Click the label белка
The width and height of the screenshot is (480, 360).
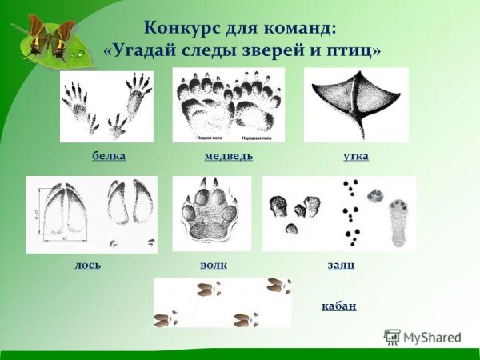click(108, 155)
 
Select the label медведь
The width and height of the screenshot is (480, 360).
click(229, 155)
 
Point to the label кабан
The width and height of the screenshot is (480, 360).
click(338, 306)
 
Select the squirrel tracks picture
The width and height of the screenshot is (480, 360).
click(106, 106)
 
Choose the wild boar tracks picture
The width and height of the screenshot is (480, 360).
click(222, 302)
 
